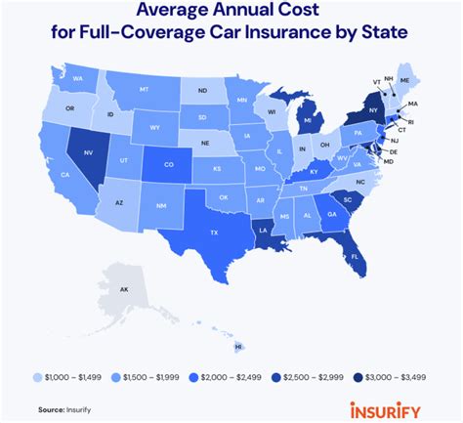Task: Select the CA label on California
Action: (64, 175)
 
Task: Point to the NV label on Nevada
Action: (90, 152)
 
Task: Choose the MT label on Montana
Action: (145, 87)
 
